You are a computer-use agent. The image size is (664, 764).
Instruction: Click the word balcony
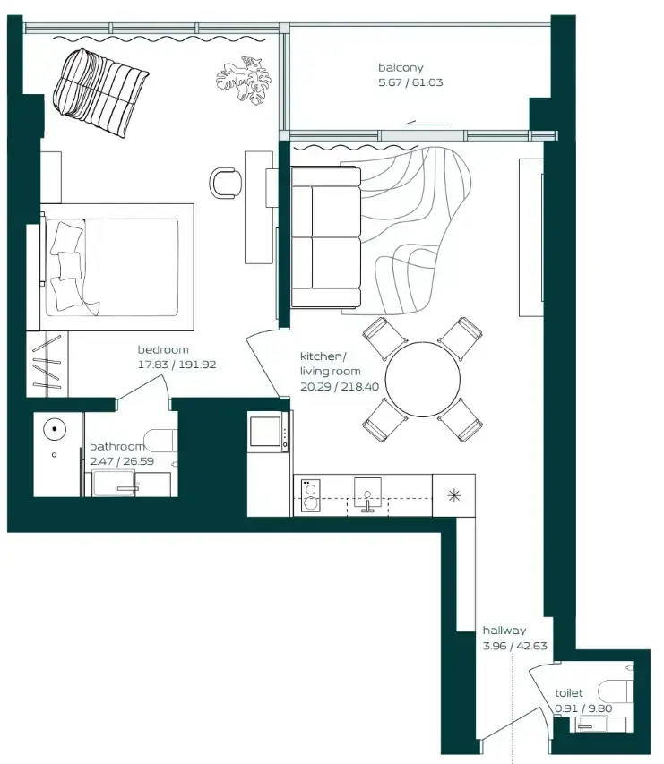401,68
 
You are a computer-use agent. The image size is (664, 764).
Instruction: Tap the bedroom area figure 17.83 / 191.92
177,365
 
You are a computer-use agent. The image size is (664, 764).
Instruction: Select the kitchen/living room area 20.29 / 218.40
340,386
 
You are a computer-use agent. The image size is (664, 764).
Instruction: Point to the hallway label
504,630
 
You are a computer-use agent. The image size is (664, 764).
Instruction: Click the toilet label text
568,692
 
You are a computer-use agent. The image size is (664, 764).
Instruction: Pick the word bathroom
117,446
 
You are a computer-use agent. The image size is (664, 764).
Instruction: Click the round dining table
423,380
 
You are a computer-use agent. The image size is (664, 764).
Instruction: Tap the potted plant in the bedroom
243,81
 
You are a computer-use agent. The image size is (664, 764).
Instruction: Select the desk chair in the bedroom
225,184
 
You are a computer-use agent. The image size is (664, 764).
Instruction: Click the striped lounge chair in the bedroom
100,92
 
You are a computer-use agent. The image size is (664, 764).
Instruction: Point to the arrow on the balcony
427,124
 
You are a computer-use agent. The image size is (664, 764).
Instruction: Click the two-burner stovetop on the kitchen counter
310,495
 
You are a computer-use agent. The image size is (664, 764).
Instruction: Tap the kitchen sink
367,494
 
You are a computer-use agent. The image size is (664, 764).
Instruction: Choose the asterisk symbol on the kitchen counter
454,495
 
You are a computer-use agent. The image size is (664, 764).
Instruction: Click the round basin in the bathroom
55,429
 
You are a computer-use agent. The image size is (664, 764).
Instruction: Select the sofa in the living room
325,237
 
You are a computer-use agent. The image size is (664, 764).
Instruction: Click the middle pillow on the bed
69,264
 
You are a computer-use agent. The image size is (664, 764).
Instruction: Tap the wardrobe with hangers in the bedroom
47,364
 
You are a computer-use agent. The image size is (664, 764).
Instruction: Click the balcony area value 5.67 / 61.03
410,82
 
